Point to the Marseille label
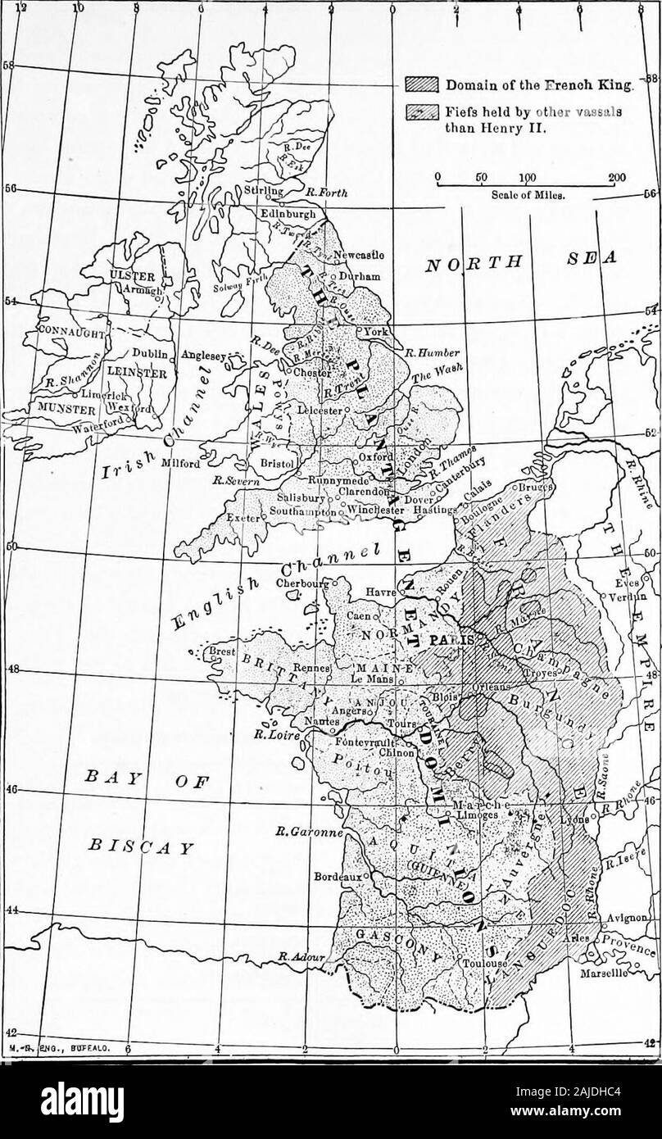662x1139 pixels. (604, 976)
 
